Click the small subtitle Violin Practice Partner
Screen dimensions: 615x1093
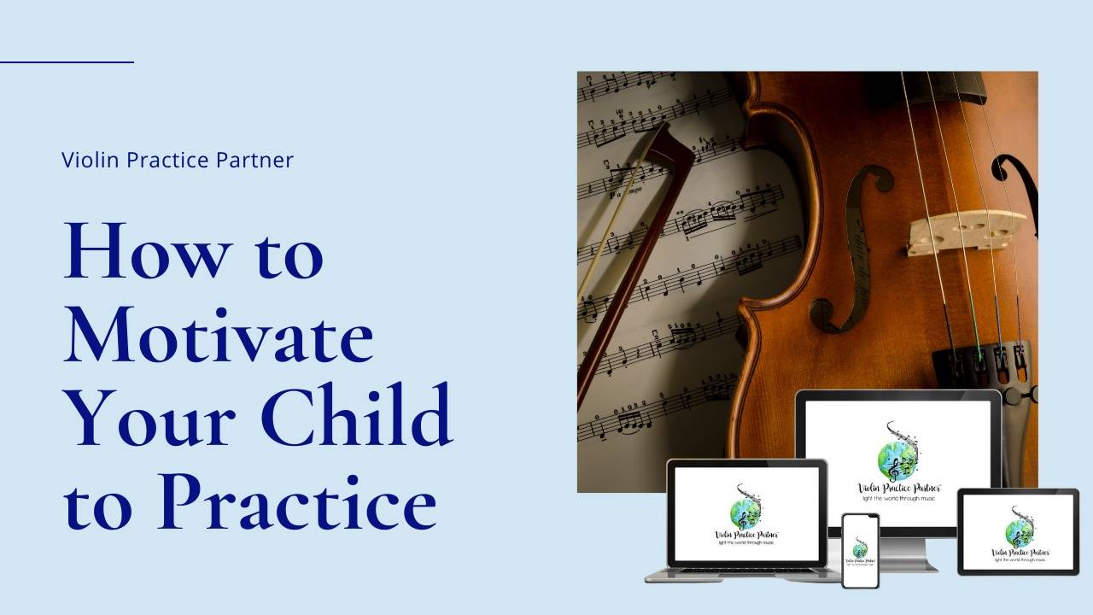pos(178,160)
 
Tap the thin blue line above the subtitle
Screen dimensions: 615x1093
pos(67,61)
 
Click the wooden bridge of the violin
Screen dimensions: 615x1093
pos(966,231)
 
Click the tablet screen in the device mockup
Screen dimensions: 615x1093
pos(1018,530)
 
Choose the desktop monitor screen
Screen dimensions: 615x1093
pos(897,462)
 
